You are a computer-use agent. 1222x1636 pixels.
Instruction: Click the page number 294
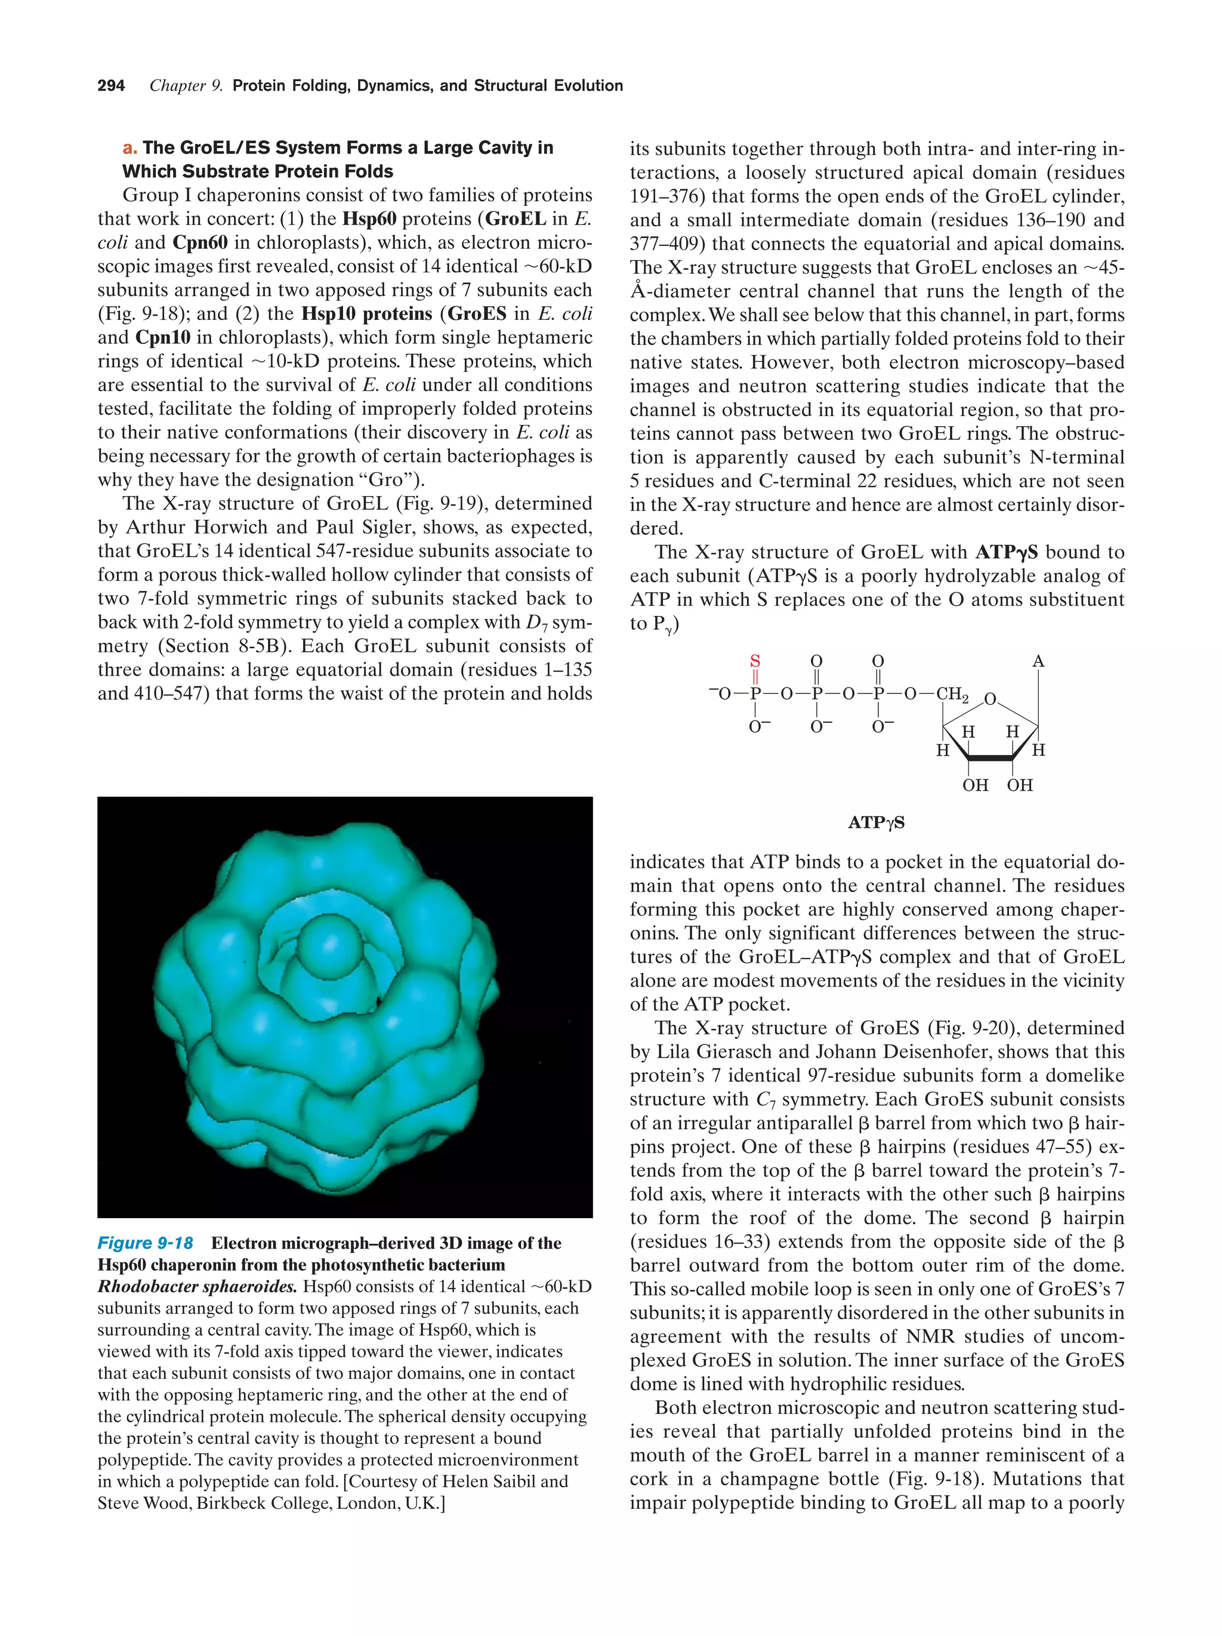coord(111,86)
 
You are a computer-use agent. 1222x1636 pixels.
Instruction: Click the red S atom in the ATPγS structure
coord(755,661)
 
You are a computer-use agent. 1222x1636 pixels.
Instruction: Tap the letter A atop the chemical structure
coord(1038,661)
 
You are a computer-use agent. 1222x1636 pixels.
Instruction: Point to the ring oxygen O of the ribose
coord(990,700)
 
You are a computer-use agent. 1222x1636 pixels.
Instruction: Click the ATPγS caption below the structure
coord(876,822)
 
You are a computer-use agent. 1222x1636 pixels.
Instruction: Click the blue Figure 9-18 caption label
coord(145,1243)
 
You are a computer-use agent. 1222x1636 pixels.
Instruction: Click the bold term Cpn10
coord(163,338)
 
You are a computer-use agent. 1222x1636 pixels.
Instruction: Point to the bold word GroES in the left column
coord(477,315)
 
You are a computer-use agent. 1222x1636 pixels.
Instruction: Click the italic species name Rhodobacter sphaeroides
coord(196,1287)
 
